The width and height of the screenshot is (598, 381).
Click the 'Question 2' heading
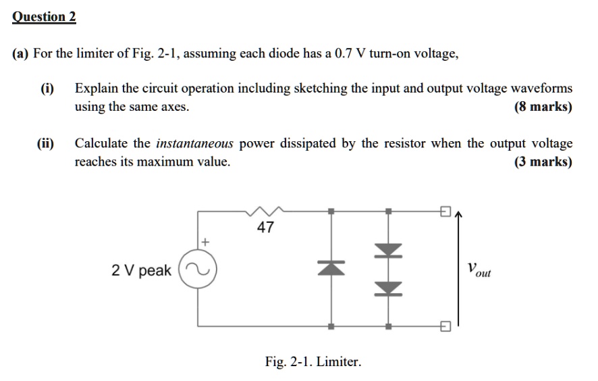point(44,17)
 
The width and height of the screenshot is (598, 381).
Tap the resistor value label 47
point(265,228)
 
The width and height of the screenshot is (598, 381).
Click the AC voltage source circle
point(198,270)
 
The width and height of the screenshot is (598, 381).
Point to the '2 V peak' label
point(141,271)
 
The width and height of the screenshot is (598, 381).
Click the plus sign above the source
point(205,240)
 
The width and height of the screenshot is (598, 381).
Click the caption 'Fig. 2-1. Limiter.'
point(312,362)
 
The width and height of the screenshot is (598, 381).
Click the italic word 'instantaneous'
point(194,143)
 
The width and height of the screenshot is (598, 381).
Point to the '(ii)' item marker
point(46,143)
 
